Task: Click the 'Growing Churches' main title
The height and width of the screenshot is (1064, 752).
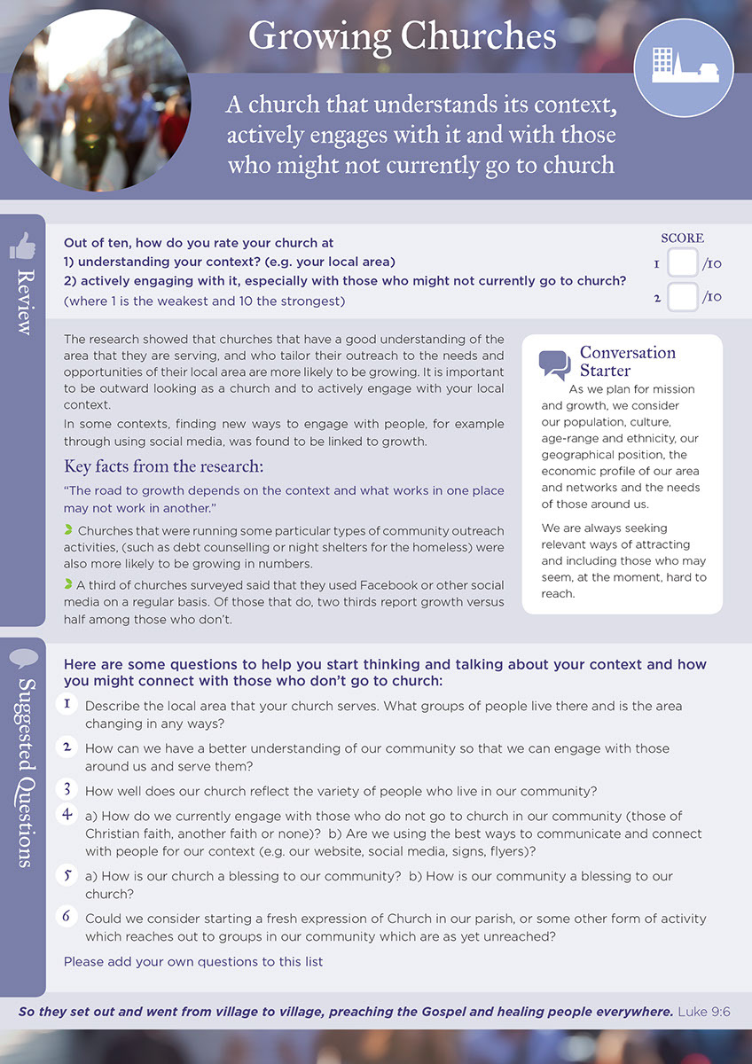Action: [402, 36]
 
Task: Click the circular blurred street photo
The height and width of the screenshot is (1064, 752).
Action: [99, 99]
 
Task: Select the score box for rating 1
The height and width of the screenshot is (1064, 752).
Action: [682, 263]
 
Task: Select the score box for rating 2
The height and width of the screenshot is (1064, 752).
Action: [682, 296]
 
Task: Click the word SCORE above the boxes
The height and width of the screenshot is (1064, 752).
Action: [682, 239]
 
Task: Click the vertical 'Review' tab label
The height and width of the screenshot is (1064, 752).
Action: [22, 301]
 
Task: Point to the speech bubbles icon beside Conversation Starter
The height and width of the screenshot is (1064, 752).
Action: [555, 364]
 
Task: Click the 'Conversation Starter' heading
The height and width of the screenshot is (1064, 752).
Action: [627, 360]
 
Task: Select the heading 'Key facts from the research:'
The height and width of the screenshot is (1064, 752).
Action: [163, 466]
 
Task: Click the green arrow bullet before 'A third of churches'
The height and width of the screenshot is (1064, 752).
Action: [68, 583]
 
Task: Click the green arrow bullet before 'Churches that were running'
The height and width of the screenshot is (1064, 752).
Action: [68, 530]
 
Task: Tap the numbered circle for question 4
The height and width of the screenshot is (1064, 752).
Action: [67, 814]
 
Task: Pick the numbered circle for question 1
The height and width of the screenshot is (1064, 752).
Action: [67, 704]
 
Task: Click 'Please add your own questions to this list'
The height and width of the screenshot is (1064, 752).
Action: [193, 961]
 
